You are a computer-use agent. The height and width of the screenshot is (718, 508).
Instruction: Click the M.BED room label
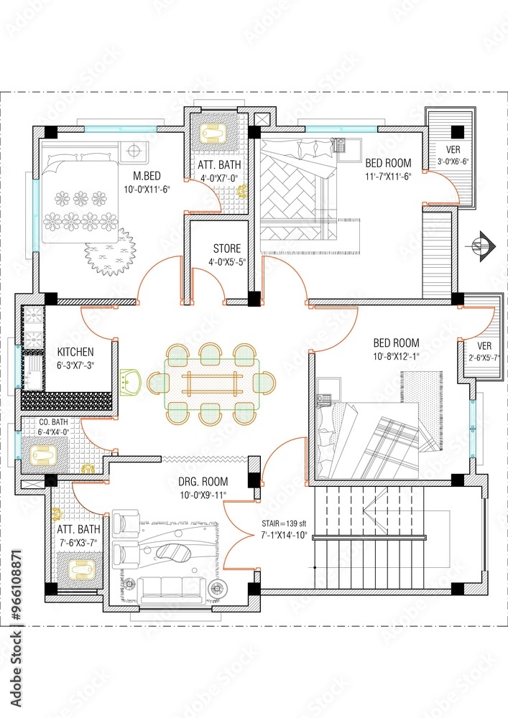coord(147,175)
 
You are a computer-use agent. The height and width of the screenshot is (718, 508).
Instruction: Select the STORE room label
coord(226,249)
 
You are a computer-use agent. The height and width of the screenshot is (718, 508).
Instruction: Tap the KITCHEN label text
coord(75,352)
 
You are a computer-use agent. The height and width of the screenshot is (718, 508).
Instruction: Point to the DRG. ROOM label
coord(203,481)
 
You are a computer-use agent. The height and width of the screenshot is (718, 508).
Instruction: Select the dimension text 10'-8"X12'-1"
coord(396,356)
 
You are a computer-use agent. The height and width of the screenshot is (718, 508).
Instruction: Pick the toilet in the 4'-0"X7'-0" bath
coord(213,133)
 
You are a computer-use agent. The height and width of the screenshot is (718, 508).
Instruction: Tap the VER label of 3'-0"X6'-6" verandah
coord(453,149)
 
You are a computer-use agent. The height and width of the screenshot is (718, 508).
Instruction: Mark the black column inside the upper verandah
coord(456,131)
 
